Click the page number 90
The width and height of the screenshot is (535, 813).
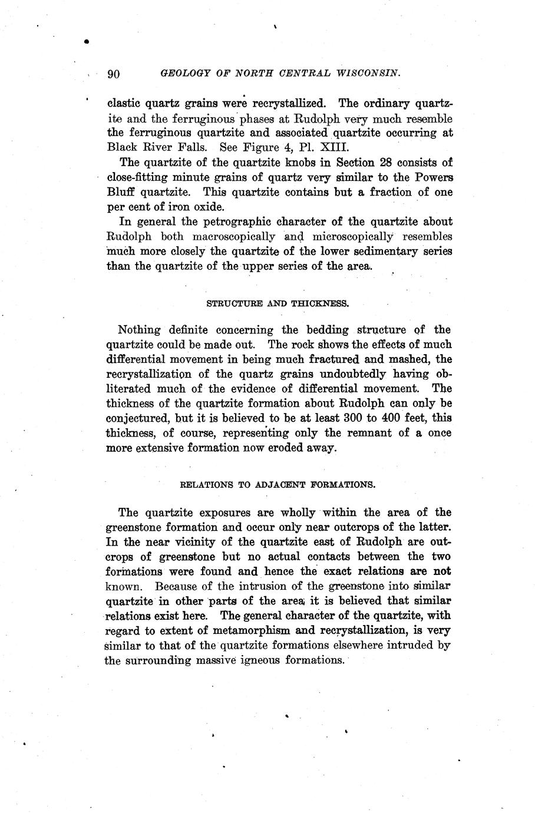[114, 74]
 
